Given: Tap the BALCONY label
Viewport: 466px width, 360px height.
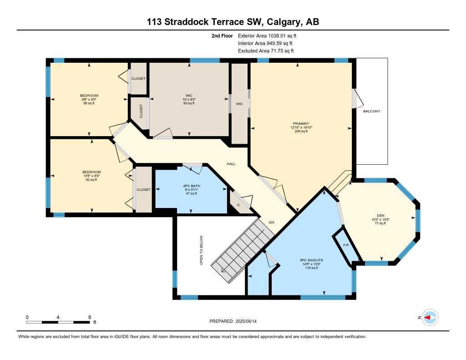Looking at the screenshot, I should [x=371, y=111].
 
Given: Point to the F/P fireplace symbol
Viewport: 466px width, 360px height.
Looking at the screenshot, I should [x=345, y=245].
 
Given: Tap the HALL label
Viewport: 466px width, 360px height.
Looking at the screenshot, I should [x=231, y=164].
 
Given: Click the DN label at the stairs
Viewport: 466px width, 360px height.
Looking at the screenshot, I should [x=271, y=223].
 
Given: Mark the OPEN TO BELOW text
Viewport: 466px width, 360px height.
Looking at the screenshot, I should [x=201, y=250].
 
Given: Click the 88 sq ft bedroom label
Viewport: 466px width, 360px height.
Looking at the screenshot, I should [x=89, y=99].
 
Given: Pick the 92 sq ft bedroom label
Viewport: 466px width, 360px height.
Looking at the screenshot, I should [x=91, y=176].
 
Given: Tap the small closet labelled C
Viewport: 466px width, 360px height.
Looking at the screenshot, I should [x=238, y=205].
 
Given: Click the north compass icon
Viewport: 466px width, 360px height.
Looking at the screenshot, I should [x=429, y=318].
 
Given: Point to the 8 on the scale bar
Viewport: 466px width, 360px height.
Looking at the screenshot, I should [x=90, y=317].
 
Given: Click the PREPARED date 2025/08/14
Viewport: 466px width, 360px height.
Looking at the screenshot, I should [x=236, y=321].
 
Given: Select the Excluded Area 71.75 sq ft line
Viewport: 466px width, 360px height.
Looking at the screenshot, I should [x=266, y=51].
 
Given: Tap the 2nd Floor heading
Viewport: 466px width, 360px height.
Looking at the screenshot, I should [x=222, y=35].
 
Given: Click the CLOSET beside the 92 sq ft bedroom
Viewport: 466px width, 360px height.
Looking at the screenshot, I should [x=143, y=189].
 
